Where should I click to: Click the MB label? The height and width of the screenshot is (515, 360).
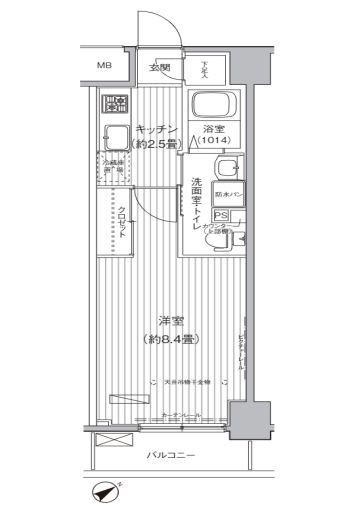105,67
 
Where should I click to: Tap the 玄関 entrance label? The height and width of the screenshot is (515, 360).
159,67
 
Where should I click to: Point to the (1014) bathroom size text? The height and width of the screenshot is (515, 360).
212,141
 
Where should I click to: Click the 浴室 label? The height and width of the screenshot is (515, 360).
212,129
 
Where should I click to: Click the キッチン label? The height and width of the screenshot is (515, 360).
157,129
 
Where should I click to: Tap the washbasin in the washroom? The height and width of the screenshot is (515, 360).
229,168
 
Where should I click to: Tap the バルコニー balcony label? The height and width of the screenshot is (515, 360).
166,457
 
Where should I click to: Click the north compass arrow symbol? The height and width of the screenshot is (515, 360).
105,490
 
